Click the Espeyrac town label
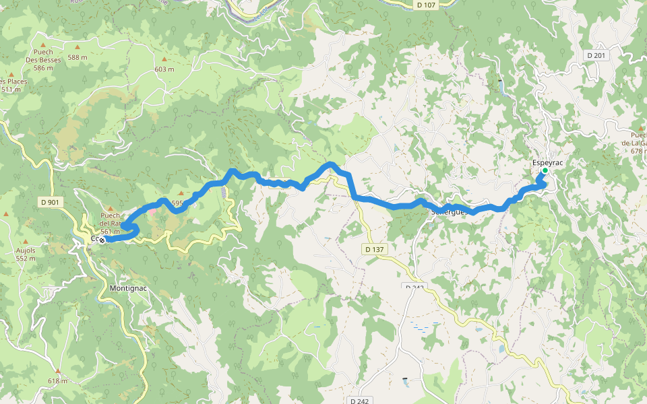click(x=547, y=162)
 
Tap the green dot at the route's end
click(x=545, y=170)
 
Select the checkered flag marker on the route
click(x=102, y=239)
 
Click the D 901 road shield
click(x=50, y=201)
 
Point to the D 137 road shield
click(x=374, y=249)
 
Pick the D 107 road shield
click(x=426, y=5)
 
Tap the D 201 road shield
click(x=596, y=55)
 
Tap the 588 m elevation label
click(x=78, y=57)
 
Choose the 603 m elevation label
click(x=164, y=69)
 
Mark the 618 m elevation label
click(x=57, y=380)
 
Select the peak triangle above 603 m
click(x=164, y=59)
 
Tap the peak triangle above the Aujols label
click(x=25, y=241)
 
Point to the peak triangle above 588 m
click(x=78, y=47)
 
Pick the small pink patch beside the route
click(x=152, y=211)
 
